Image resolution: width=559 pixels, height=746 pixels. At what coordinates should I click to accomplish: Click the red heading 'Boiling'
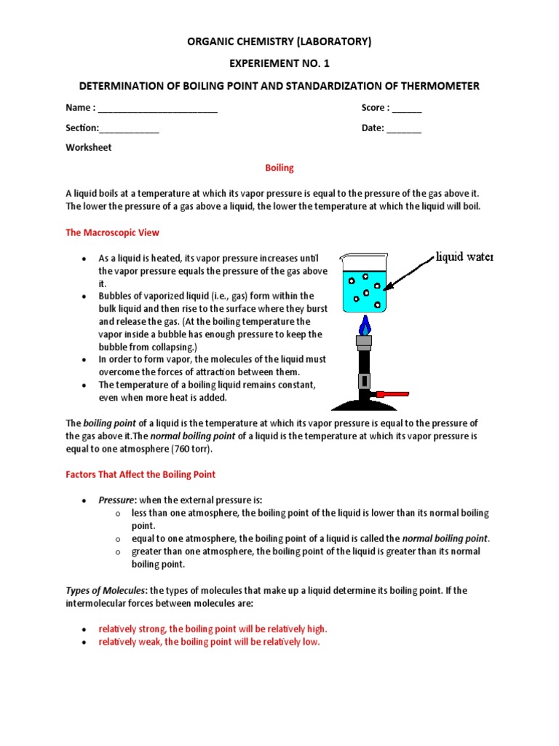[x=279, y=168]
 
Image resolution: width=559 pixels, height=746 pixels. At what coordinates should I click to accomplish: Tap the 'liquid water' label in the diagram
[x=464, y=256]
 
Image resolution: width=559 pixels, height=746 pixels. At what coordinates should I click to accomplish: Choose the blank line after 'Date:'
[x=403, y=130]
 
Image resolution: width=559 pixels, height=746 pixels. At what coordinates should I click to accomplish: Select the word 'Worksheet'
[x=89, y=147]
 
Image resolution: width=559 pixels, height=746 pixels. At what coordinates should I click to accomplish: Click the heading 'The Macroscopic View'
[x=112, y=232]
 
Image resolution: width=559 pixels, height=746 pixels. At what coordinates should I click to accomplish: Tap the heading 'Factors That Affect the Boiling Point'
[x=140, y=474]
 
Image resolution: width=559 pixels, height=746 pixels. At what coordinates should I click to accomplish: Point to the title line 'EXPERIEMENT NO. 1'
[x=279, y=63]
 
